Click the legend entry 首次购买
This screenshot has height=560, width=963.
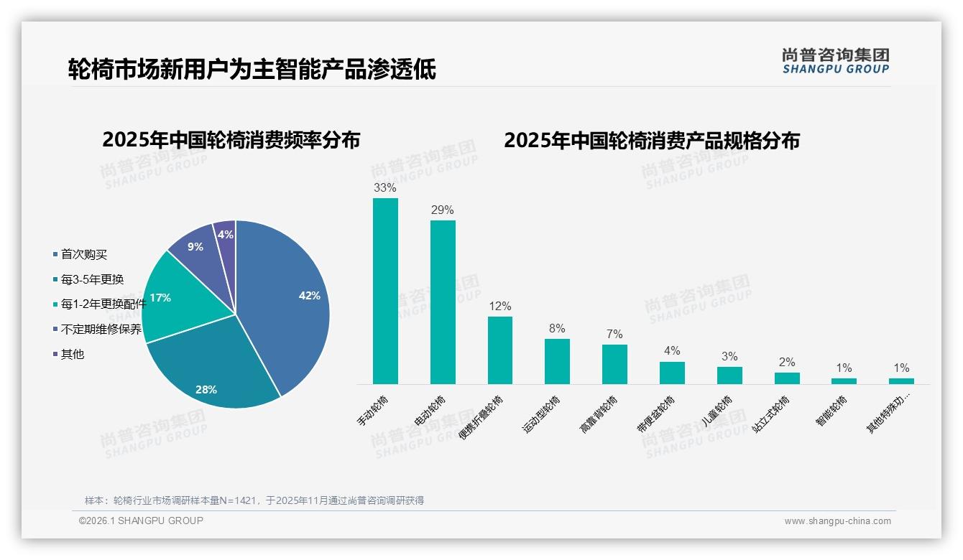coord(83,255)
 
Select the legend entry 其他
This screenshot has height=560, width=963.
coord(72,354)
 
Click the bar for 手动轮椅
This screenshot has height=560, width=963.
coord(385,291)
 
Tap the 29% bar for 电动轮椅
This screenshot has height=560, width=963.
coord(443,302)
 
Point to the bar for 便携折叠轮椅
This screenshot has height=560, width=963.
coord(500,350)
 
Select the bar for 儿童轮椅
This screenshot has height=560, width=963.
coord(729,375)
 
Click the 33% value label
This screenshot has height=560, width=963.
coord(385,188)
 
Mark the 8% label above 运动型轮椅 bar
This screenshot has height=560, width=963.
coord(557,329)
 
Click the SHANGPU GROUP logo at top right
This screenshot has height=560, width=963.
coord(836,62)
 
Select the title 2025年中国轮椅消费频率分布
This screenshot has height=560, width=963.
coord(231,139)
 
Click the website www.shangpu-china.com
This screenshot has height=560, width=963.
coord(837,521)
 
